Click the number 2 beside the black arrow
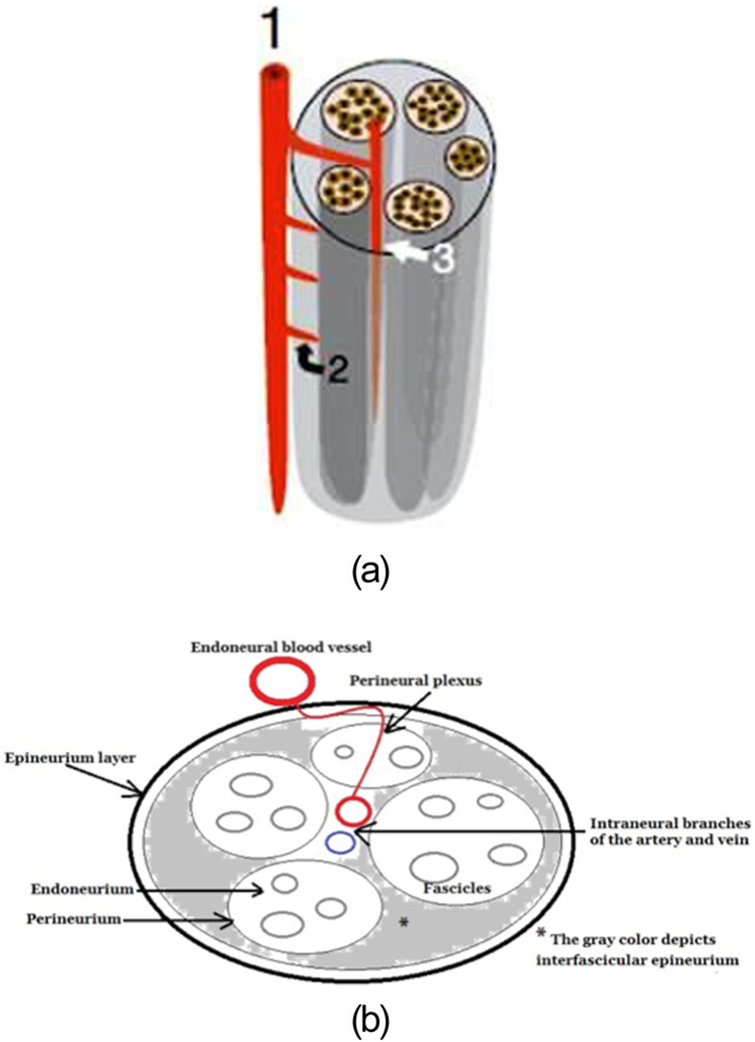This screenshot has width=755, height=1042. [338, 370]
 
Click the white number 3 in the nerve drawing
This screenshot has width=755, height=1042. [443, 259]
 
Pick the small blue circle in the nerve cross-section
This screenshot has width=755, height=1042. [340, 844]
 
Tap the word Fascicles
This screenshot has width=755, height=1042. [482, 889]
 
